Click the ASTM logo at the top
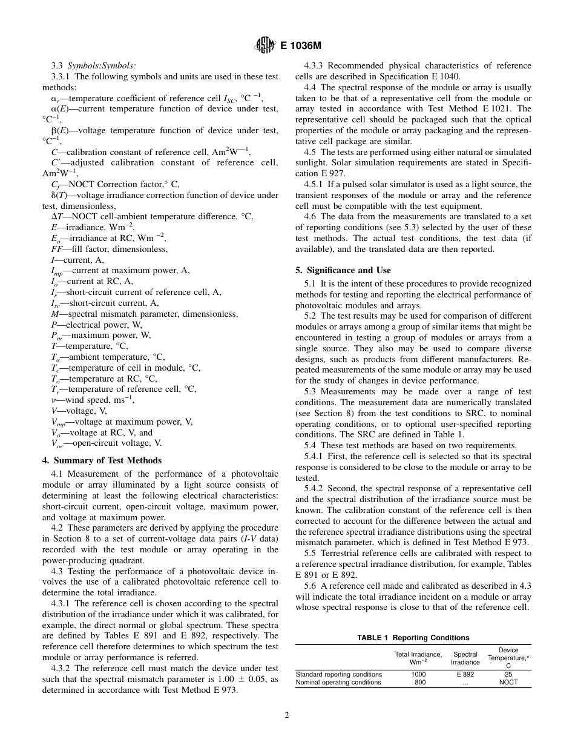[264, 44]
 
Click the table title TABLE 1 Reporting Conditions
[413, 638]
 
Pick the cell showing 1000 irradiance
[418, 674]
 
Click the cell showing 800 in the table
[420, 683]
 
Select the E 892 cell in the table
[465, 674]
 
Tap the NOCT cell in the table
[508, 683]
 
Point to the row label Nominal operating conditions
[338, 683]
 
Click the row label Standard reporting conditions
[339, 674]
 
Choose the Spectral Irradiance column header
[465, 658]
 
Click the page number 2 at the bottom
[287, 715]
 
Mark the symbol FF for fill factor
[57, 249]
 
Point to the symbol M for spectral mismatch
[55, 314]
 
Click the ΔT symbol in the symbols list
[56, 217]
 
